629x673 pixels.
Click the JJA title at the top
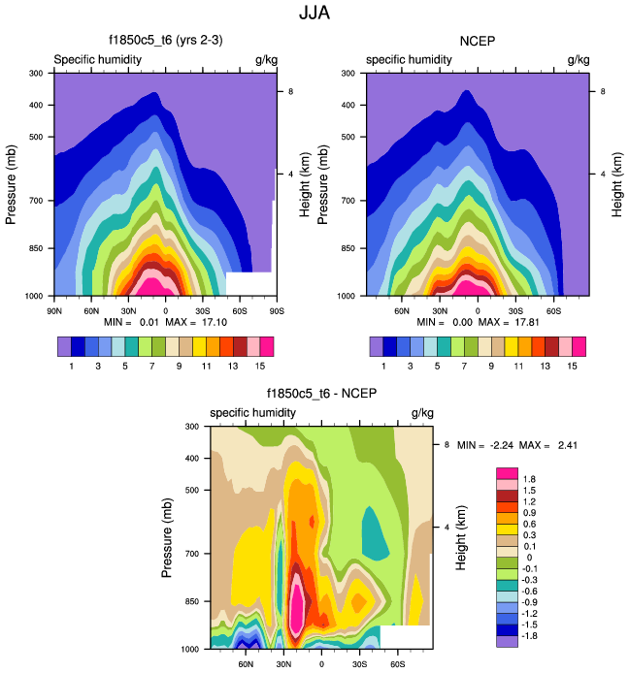[314, 15]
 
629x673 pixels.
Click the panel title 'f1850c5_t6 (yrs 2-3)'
[165, 41]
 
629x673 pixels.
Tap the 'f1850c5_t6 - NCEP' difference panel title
[321, 394]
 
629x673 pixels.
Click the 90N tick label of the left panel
[54, 310]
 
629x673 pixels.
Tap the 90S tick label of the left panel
[276, 310]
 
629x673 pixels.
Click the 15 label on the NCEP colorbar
[572, 366]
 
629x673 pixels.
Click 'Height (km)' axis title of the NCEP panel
[617, 183]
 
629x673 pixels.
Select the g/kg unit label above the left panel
[265, 60]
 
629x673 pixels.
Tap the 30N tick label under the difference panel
[283, 664]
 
